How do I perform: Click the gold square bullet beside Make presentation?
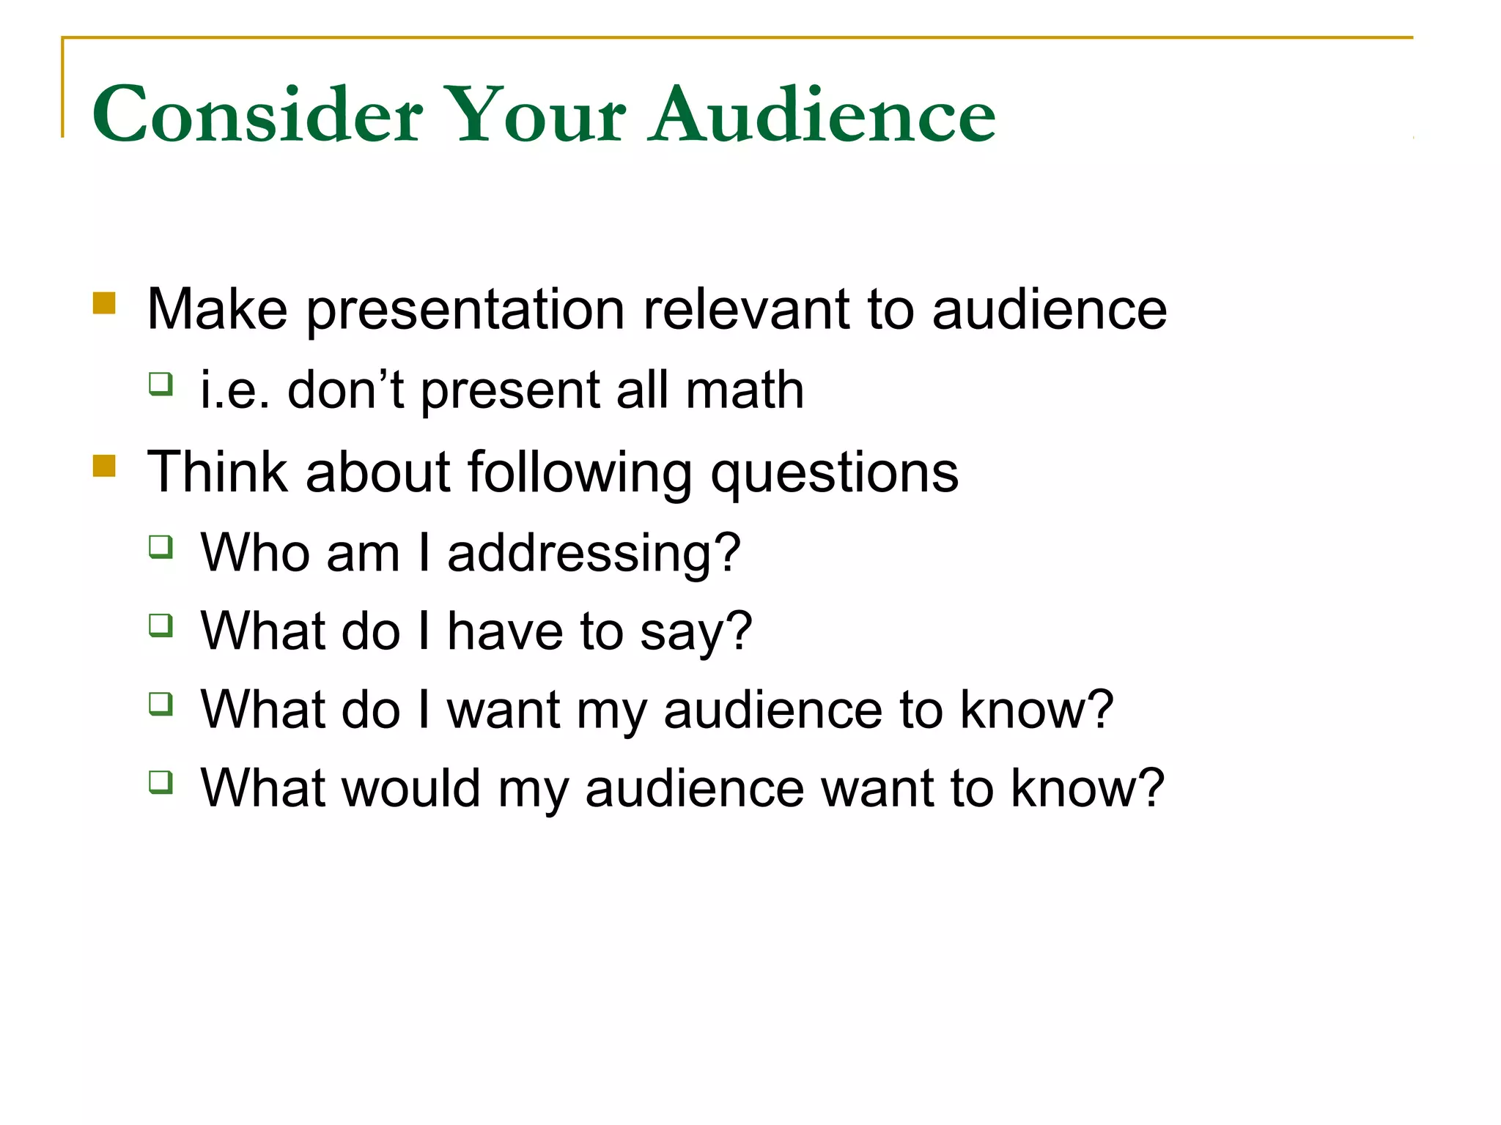[104, 303]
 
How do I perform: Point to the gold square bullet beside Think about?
[104, 466]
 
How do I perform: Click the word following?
[580, 473]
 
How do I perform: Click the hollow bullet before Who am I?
[161, 546]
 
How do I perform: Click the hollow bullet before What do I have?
[161, 625]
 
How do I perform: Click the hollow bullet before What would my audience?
[161, 782]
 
